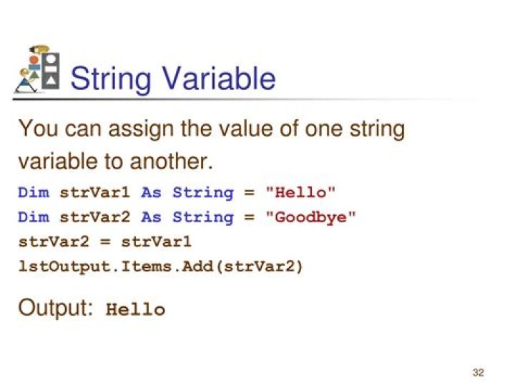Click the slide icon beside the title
(x=36, y=71)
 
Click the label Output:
(x=56, y=309)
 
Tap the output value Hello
(x=135, y=310)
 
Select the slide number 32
(x=479, y=373)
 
